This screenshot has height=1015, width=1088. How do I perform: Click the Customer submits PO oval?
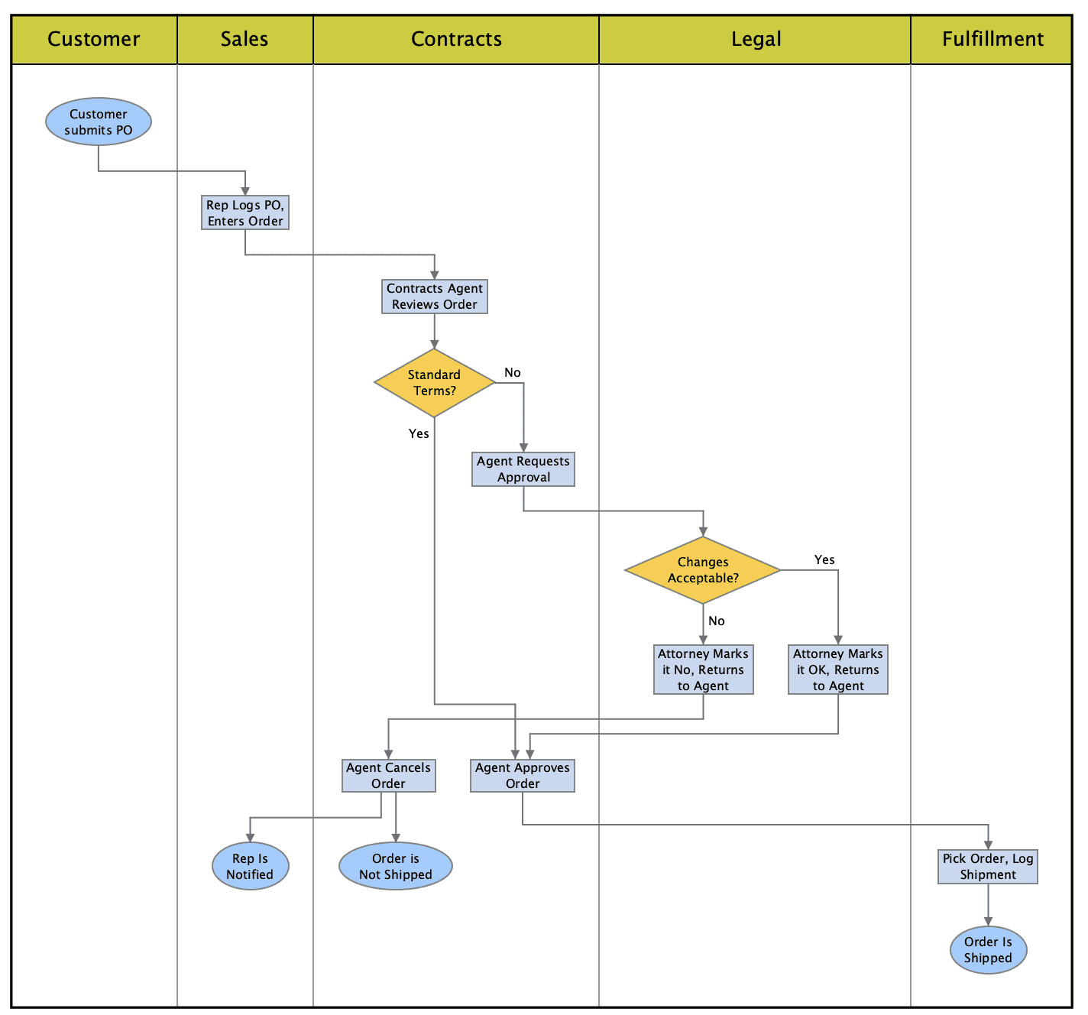click(x=99, y=122)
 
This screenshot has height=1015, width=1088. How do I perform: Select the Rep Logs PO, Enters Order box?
click(x=245, y=212)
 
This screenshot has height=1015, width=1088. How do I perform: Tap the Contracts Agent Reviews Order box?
click(x=435, y=297)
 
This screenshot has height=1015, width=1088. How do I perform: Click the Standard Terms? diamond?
click(x=434, y=383)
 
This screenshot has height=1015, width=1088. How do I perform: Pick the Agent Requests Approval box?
click(x=523, y=469)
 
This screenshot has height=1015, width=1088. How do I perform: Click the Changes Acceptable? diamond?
click(x=703, y=570)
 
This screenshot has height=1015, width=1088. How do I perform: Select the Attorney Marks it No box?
click(x=704, y=670)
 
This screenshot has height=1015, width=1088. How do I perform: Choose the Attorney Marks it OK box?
click(x=838, y=670)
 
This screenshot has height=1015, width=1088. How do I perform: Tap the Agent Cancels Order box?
click(x=389, y=776)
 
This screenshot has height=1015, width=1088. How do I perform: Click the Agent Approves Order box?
click(x=523, y=776)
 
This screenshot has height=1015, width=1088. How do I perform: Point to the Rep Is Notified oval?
click(x=250, y=867)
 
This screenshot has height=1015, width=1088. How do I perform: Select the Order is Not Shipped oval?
click(x=396, y=867)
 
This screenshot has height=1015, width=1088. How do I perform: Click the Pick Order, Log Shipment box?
click(x=988, y=867)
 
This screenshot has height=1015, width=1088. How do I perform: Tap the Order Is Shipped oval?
click(x=988, y=950)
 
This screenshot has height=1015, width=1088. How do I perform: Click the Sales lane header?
click(x=244, y=39)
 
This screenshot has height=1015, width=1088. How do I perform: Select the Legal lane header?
click(x=756, y=39)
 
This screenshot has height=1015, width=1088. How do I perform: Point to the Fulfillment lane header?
click(x=992, y=39)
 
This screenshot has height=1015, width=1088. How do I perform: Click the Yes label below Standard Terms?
click(x=419, y=433)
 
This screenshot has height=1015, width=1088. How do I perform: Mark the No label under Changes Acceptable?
click(x=717, y=621)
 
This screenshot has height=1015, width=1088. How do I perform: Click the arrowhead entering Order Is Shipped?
click(x=988, y=922)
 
